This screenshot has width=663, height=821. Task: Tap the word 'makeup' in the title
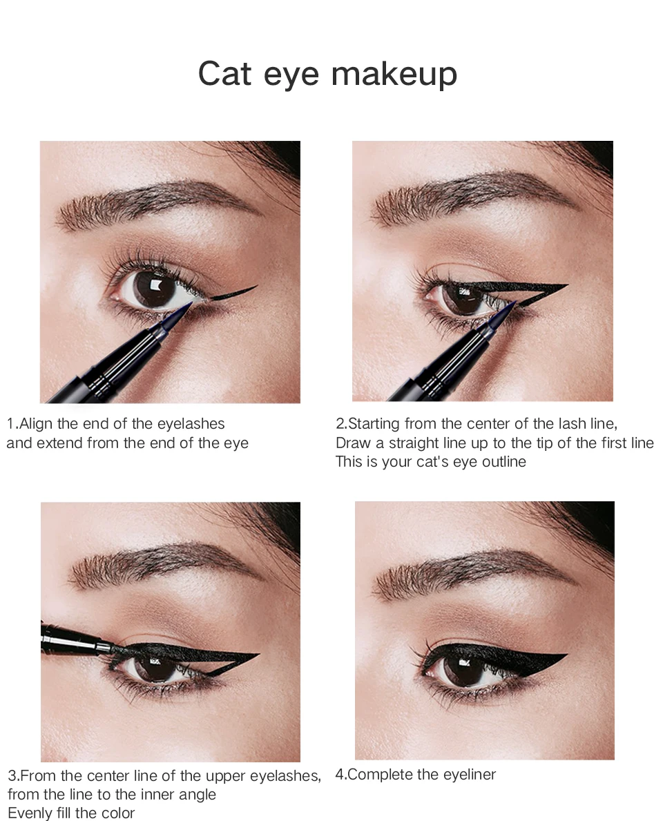(394, 74)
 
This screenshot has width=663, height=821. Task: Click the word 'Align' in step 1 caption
(36, 423)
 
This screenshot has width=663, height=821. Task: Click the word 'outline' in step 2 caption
(503, 462)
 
